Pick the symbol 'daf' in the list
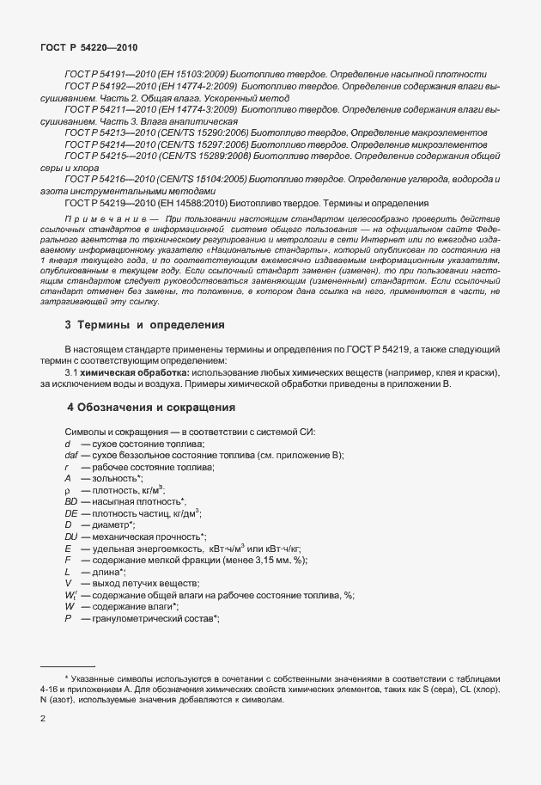click(x=71, y=453)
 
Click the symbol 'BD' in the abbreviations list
click(x=70, y=500)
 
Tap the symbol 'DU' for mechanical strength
click(x=70, y=536)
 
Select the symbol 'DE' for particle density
click(x=70, y=512)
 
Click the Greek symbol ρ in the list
click(x=67, y=489)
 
